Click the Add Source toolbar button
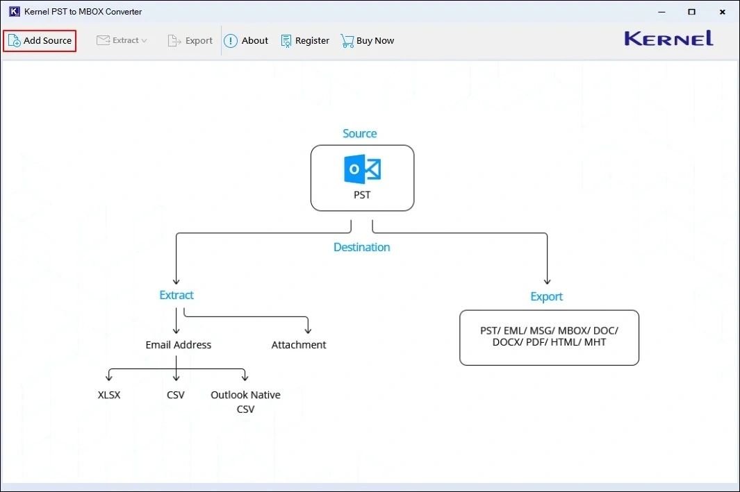pos(40,41)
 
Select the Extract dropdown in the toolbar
pos(122,41)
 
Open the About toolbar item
pos(246,41)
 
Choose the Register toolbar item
pos(305,41)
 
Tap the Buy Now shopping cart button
pos(367,41)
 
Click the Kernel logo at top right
pos(668,39)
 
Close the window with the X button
pos(723,12)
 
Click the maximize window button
pos(691,12)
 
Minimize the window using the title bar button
pos(659,12)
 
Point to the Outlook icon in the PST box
pos(362,169)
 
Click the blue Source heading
pos(360,134)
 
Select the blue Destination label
pos(361,247)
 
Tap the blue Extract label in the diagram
pos(176,295)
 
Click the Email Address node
pos(178,345)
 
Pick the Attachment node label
pos(299,345)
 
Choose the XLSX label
pos(109,395)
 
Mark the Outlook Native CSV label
pos(245,402)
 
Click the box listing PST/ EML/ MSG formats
pos(549,337)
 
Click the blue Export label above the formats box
pos(546,296)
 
